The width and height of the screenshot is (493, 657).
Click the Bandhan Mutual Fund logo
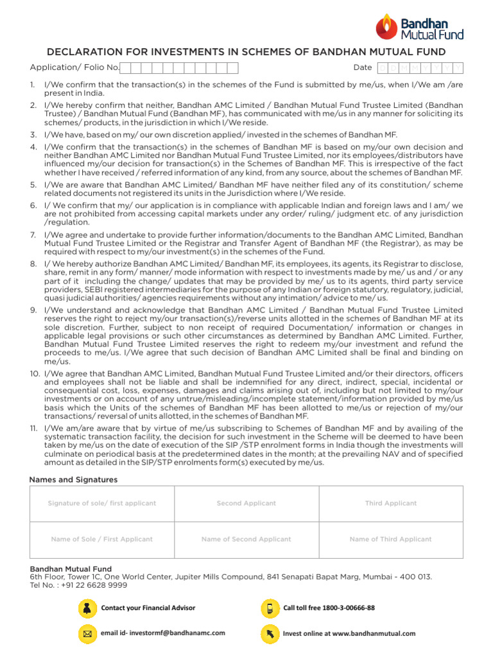[419, 27]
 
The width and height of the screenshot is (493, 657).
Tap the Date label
[362, 67]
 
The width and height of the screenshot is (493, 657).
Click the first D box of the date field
[383, 68]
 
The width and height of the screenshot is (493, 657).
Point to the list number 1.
[32, 85]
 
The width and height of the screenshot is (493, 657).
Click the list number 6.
[32, 205]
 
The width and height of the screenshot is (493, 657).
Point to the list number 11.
[33, 428]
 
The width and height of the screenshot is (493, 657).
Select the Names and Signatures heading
[73, 479]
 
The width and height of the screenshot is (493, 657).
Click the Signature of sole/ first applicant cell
[102, 504]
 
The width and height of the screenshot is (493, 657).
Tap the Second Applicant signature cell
[246, 504]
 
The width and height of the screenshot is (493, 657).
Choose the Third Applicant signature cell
[391, 504]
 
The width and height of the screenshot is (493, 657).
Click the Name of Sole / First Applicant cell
[102, 540]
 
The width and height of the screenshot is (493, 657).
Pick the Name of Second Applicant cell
[246, 540]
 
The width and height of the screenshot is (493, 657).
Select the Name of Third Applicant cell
[391, 540]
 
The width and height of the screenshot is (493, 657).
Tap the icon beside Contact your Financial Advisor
[86, 608]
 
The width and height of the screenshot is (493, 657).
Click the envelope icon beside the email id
[86, 633]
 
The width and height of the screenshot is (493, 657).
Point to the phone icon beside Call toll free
[270, 608]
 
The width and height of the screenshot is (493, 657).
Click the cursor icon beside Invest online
[270, 633]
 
